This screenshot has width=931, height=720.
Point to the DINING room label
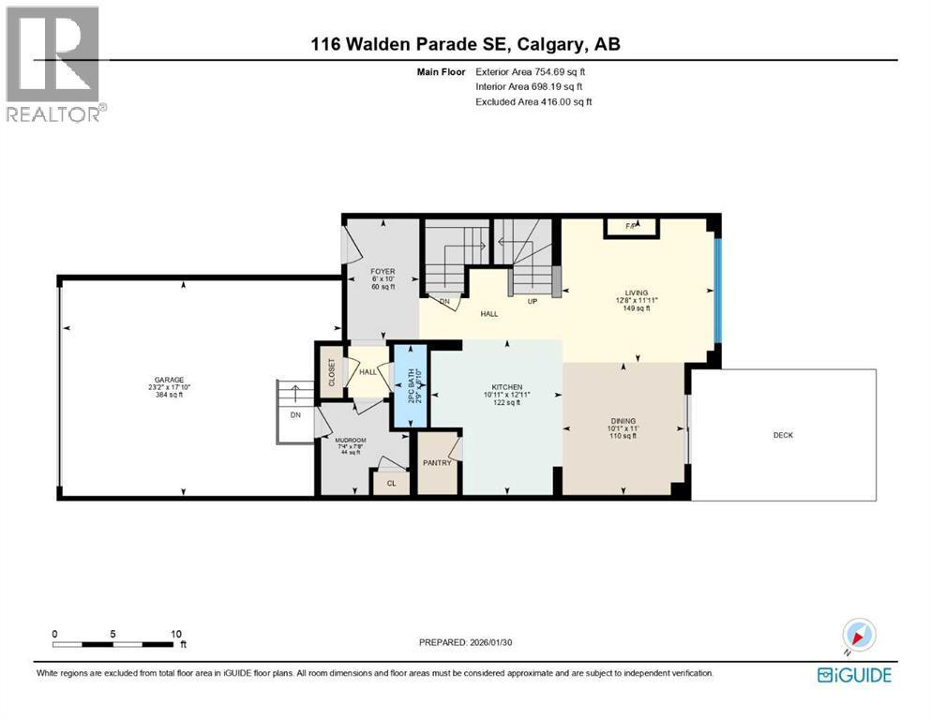coord(621,420)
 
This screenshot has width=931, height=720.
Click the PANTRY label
coord(437,462)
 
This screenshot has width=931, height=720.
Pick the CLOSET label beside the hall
coord(330,371)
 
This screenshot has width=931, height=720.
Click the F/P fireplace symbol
coord(632,227)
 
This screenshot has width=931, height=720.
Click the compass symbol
coord(859,637)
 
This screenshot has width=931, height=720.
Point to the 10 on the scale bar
coord(176,634)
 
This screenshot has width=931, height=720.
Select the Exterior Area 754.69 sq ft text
coord(533,71)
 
